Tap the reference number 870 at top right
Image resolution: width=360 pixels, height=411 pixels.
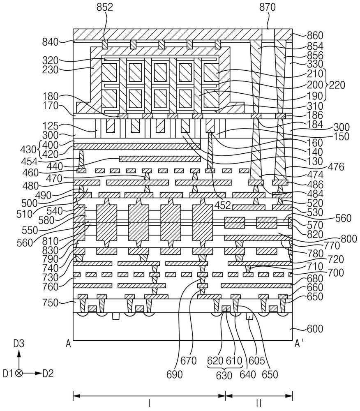pos(268,7)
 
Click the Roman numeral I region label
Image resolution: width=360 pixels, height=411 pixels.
pos(149,403)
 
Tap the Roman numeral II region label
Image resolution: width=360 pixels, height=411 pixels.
pos(259,403)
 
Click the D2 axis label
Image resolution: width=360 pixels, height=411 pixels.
pos(48,373)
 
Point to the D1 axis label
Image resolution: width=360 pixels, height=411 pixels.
pos(8,373)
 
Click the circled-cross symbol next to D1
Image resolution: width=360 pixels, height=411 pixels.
pos(18,373)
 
